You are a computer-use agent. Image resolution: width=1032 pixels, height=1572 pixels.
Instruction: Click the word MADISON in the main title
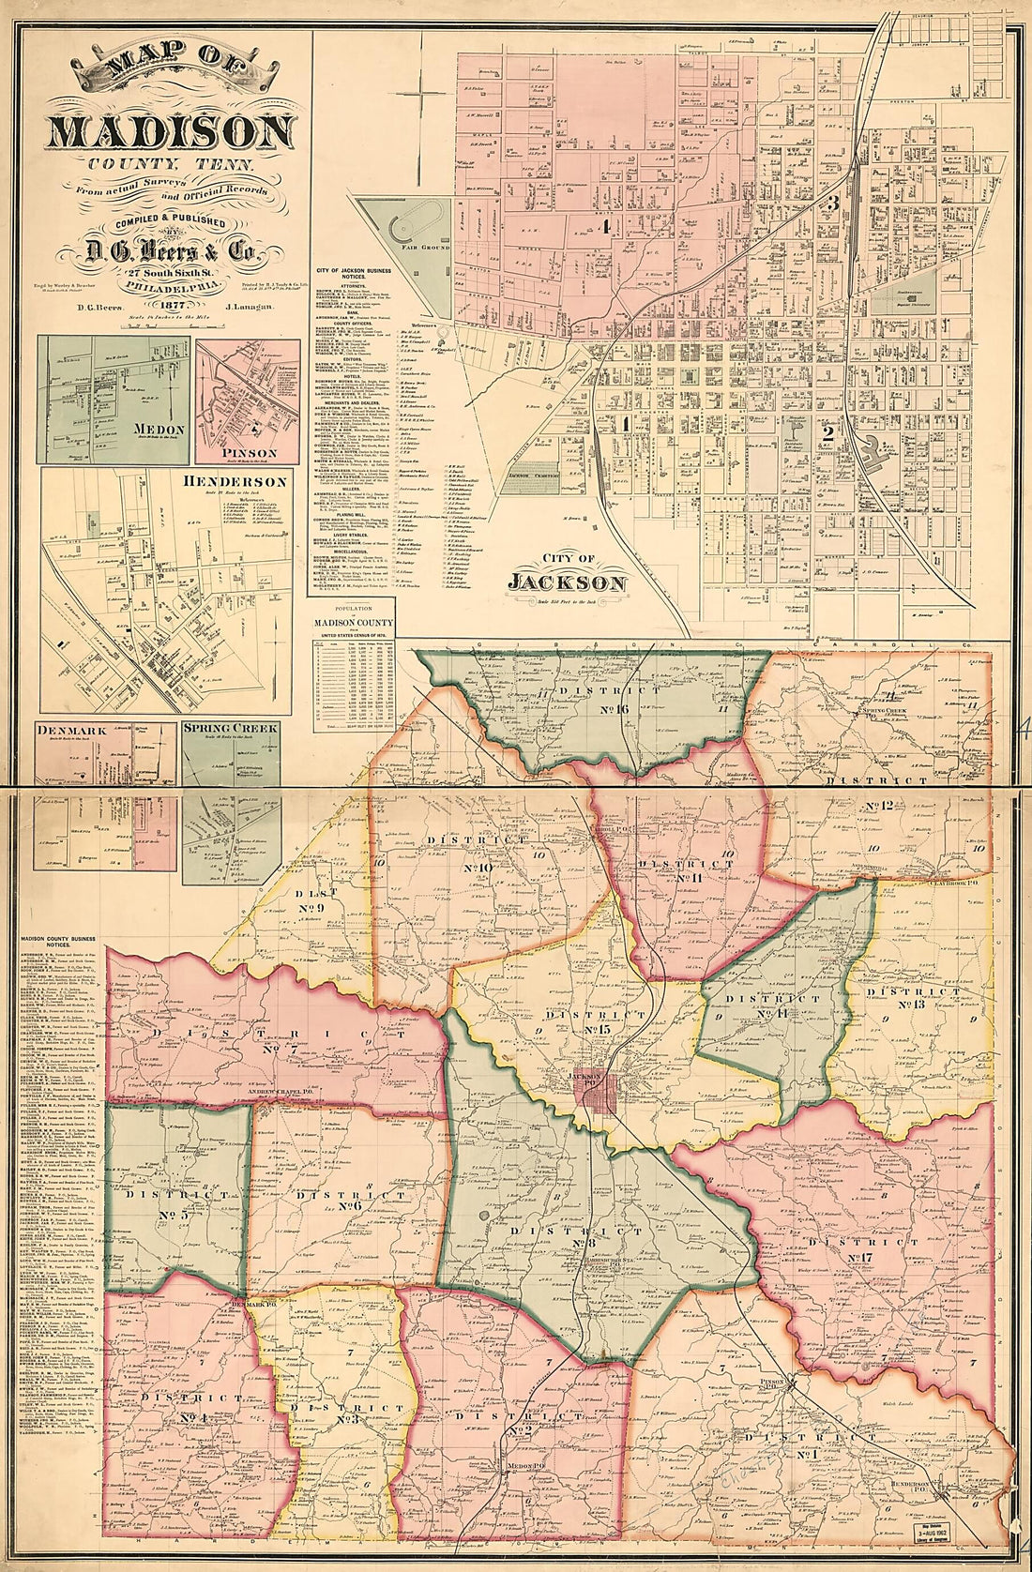[170, 130]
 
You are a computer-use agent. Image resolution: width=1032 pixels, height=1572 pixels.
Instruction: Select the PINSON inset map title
[249, 453]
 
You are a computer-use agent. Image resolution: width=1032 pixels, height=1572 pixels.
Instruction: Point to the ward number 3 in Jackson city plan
[831, 202]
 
